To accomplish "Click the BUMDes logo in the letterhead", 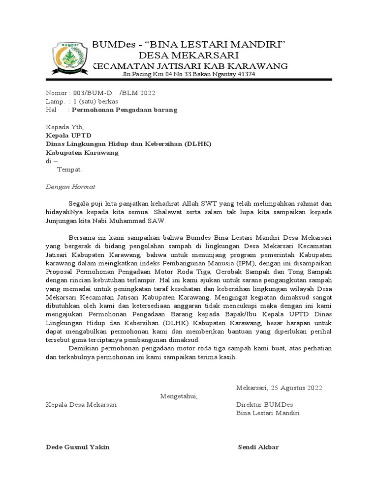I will [70, 58].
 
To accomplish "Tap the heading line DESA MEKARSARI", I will [189, 55].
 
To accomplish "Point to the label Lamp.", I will [55, 102].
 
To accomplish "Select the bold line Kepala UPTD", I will [68, 136].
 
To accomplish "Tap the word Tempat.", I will [69, 169].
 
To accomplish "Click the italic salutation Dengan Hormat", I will [70, 187].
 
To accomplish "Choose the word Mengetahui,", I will [179, 396].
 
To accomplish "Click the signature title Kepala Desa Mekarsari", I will [81, 405].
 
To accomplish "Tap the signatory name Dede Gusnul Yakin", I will [78, 447].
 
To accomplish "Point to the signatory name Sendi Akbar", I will [258, 447].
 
